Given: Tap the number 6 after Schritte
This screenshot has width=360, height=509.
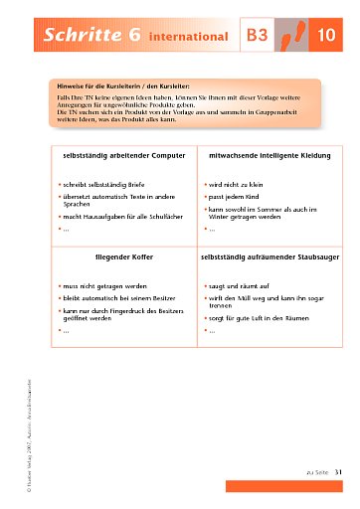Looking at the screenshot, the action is click(132, 36).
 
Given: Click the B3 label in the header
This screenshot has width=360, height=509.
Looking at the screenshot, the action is click(259, 37).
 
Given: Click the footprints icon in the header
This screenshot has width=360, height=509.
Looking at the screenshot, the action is click(295, 35).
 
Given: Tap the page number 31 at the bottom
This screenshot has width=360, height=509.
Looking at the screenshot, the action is click(338, 472).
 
